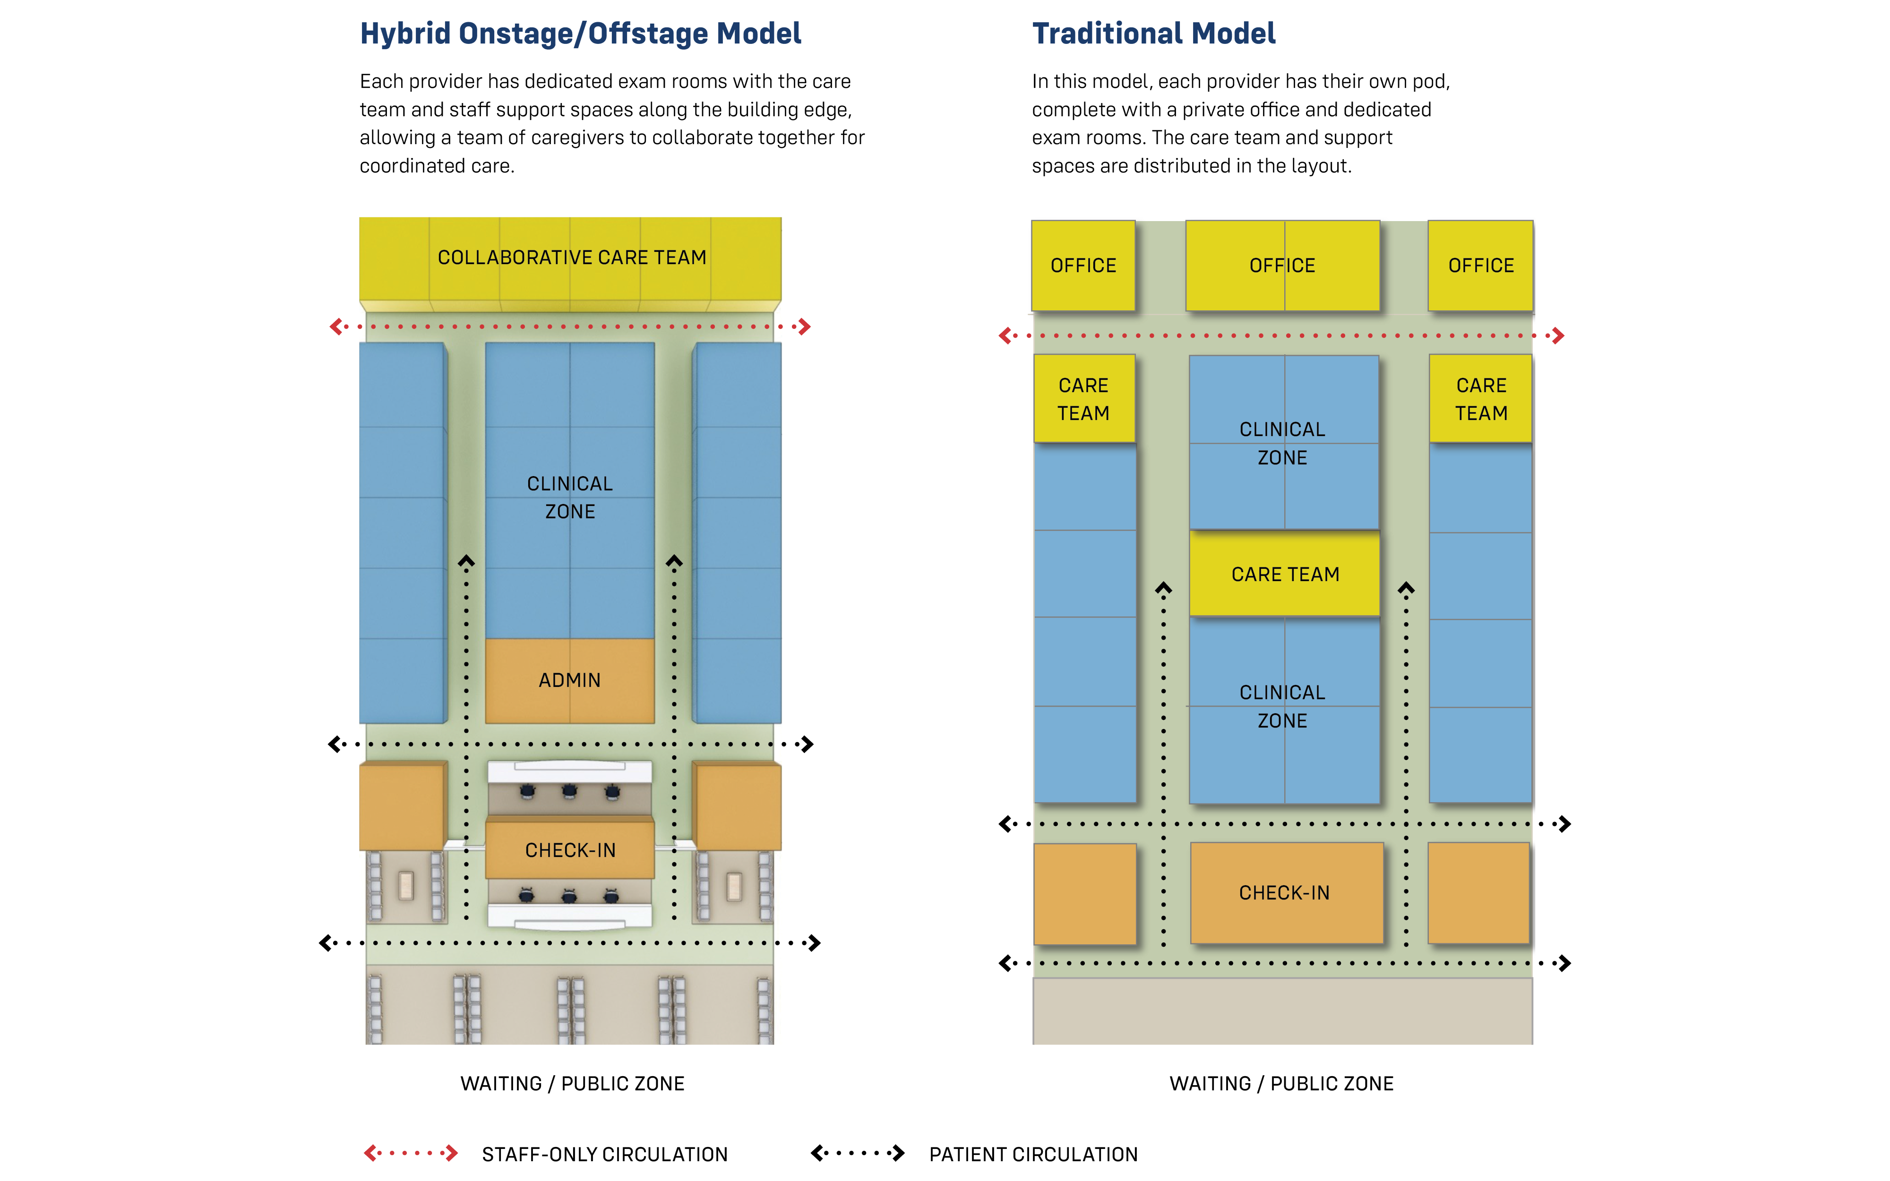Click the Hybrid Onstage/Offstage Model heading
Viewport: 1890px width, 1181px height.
(x=580, y=34)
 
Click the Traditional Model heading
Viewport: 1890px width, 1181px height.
(x=1153, y=34)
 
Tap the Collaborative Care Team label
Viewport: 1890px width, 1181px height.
(x=572, y=258)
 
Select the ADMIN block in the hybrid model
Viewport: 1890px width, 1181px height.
(x=569, y=680)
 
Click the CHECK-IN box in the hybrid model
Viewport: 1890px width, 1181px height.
(x=570, y=850)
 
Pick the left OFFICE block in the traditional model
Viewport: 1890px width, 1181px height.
(x=1083, y=265)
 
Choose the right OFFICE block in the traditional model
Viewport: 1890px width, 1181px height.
(x=1481, y=265)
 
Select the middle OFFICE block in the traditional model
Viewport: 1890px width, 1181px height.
(x=1282, y=265)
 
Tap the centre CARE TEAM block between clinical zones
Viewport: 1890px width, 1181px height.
(x=1285, y=574)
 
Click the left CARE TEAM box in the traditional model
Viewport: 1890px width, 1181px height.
(x=1083, y=399)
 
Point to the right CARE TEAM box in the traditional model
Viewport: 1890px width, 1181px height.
(x=1481, y=399)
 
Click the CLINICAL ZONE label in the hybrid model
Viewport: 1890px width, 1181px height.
(x=569, y=497)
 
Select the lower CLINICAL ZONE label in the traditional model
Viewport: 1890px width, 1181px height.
(x=1282, y=707)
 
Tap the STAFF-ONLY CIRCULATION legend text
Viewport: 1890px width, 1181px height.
(x=604, y=1155)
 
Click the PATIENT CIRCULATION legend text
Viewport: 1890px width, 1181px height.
(x=1033, y=1155)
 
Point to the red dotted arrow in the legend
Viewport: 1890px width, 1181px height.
(x=411, y=1153)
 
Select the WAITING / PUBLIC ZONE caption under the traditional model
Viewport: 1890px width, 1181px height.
(x=1281, y=1083)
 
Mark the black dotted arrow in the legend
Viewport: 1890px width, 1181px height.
(x=858, y=1153)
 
